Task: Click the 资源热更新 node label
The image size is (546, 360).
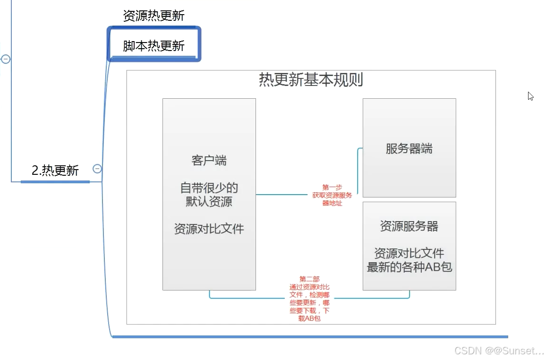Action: click(154, 16)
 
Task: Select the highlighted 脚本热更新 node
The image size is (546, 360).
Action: click(154, 46)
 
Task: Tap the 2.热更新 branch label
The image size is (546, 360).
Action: click(55, 171)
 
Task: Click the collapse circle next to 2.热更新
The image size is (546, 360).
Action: click(97, 169)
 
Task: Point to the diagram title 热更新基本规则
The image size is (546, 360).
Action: click(311, 79)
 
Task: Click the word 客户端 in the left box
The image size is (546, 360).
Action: click(209, 161)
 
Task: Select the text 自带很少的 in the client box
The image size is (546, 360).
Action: click(209, 188)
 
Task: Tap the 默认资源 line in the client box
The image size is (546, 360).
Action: click(209, 201)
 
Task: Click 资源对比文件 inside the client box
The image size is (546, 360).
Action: click(209, 229)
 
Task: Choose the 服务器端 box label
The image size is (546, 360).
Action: click(409, 149)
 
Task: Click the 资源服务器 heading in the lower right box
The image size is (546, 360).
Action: click(409, 226)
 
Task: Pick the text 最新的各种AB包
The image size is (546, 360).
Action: click(409, 267)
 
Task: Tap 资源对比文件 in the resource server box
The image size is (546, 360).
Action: click(409, 253)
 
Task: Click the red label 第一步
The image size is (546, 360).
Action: click(332, 187)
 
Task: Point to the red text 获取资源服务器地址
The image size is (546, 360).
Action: click(332, 199)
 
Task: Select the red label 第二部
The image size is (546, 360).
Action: click(309, 279)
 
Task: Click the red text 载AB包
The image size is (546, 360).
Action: click(309, 318)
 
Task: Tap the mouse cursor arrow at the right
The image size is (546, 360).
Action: click(530, 96)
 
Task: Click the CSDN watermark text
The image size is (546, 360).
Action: click(498, 351)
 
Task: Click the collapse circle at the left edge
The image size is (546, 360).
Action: click(6, 59)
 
